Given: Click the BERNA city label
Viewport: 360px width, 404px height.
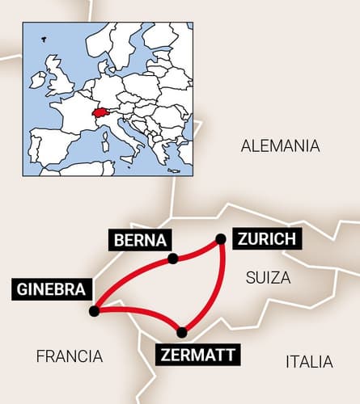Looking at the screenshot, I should (x=141, y=240).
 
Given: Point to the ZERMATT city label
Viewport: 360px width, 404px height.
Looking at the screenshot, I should (x=197, y=354).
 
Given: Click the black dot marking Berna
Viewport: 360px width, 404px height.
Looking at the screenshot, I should (x=172, y=259).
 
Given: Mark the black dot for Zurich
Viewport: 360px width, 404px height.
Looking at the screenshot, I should (x=220, y=238).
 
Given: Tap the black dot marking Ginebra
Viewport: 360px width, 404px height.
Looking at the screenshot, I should (x=95, y=310).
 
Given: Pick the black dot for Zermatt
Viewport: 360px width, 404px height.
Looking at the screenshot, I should (x=182, y=332).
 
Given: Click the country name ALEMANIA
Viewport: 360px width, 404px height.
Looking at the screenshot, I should (x=281, y=146).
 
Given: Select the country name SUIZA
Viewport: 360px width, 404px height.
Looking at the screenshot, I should (x=267, y=278).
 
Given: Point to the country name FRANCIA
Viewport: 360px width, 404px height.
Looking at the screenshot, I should (x=70, y=356).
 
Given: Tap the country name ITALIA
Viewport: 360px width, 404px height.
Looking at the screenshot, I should (x=309, y=361).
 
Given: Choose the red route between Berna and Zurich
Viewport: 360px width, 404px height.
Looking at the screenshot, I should (x=197, y=251).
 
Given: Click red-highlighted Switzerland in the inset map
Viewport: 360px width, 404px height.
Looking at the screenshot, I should (x=101, y=114).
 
